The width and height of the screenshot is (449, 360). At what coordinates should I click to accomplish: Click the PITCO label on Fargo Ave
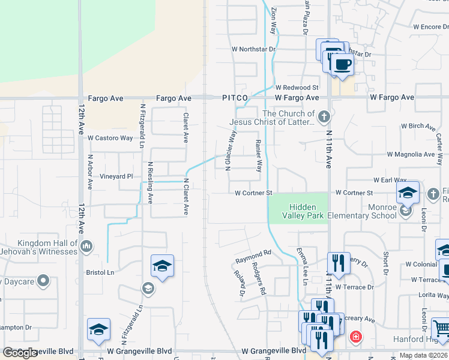[x=235, y=97]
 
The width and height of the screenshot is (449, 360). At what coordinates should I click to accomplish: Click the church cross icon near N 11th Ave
[x=324, y=116]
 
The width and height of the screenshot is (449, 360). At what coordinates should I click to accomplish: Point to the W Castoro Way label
[x=110, y=138]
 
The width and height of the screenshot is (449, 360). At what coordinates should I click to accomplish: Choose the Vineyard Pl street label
[x=117, y=176]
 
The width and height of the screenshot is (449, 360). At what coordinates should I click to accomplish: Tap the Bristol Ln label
[x=100, y=272]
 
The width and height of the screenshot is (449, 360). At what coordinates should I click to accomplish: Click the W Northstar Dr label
[x=253, y=49]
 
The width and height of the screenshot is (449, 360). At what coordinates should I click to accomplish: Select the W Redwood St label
[x=297, y=88]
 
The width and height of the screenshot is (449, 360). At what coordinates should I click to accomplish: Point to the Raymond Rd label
[x=253, y=254]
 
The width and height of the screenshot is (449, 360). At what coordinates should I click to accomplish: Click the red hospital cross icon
[x=355, y=337]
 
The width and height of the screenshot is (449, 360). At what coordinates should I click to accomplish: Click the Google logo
[x=20, y=353]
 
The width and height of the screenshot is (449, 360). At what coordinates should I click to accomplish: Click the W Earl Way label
[x=390, y=180]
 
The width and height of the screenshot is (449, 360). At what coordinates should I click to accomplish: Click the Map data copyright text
[x=423, y=355]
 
